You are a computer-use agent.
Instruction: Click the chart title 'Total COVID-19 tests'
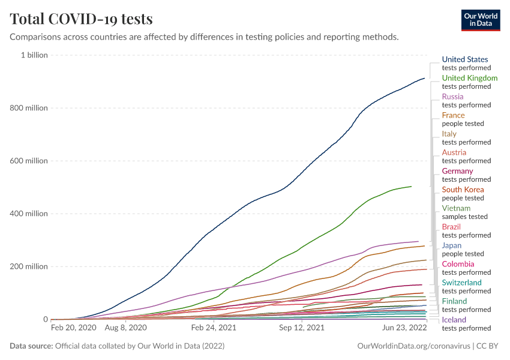click(x=81, y=19)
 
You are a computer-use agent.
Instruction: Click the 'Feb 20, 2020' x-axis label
click(x=73, y=328)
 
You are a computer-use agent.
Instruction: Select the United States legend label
click(x=465, y=59)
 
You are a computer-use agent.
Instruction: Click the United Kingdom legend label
click(x=469, y=78)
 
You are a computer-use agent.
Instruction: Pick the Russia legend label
click(x=452, y=97)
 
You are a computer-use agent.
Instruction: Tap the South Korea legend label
click(x=463, y=190)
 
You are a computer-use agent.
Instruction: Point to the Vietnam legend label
click(x=456, y=208)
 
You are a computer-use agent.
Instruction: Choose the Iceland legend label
click(x=454, y=320)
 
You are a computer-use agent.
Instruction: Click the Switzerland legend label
click(x=461, y=283)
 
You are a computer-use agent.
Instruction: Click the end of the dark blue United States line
click(x=425, y=78)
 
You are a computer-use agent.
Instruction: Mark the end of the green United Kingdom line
click(x=412, y=186)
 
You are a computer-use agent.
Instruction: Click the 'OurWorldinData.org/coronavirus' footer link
click(x=413, y=346)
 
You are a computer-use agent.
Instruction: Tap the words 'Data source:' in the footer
click(x=31, y=346)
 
